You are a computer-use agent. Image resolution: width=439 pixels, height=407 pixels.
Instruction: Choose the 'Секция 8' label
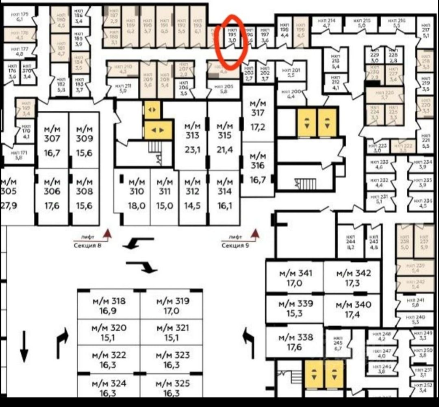pos(87,245)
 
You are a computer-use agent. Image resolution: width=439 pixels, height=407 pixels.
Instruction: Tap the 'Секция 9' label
pos(235,245)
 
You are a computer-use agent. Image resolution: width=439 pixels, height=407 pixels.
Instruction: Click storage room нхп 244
pos(351,242)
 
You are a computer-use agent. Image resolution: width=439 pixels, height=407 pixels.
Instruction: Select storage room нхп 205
pos(223,89)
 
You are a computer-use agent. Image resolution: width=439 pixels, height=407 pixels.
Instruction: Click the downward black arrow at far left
pos(24,346)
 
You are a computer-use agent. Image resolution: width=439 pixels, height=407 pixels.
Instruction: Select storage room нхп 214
pos(326,23)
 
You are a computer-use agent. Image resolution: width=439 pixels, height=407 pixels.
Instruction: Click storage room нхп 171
pos(18,155)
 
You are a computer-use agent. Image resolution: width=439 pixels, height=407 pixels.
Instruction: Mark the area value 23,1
pos(192,150)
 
